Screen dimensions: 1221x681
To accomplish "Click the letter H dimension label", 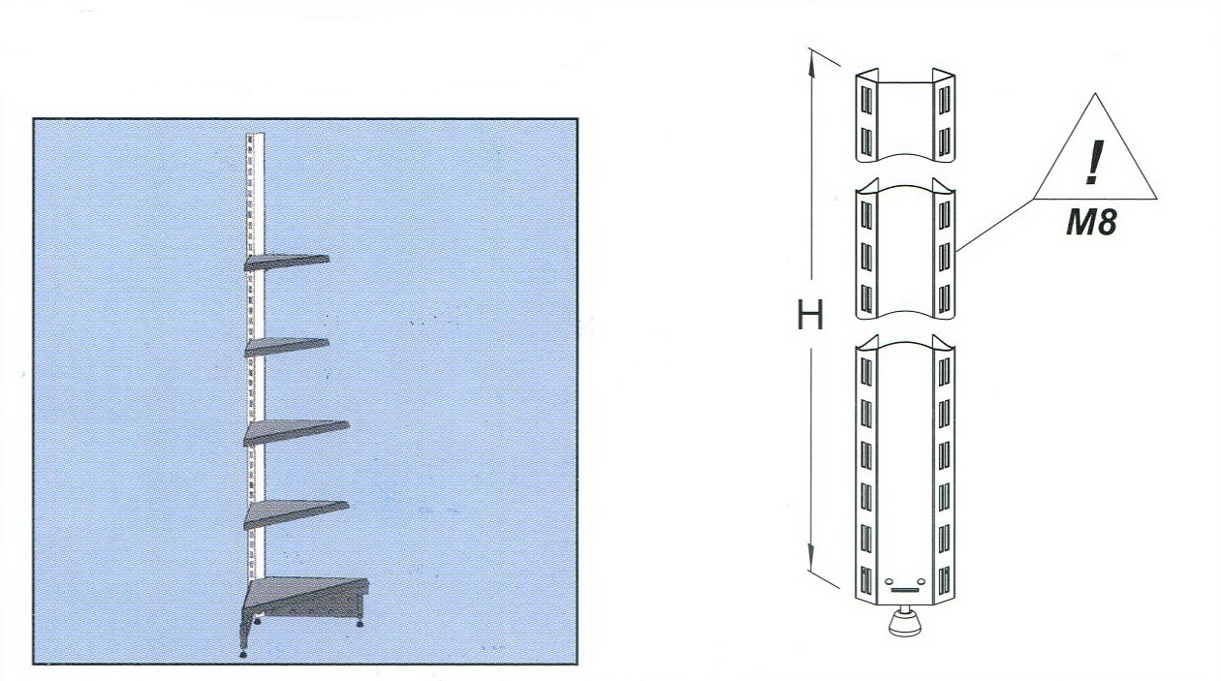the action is click(810, 315).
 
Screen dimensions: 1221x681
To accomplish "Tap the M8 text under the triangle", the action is click(1092, 222).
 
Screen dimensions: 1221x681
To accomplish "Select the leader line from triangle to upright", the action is click(995, 225).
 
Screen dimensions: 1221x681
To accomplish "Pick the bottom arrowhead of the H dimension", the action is click(812, 557).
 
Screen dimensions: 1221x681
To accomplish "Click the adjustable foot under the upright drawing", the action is click(905, 622).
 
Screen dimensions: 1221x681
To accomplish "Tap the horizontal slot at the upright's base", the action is click(905, 590).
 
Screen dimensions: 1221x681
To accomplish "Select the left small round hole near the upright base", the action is click(889, 581).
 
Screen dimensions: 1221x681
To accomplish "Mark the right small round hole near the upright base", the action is click(922, 581).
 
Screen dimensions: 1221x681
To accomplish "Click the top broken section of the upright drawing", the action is click(905, 115).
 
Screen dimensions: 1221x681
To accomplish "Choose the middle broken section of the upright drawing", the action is click(905, 248).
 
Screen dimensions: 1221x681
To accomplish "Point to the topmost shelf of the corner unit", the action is click(286, 262).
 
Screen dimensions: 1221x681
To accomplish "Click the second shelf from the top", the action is click(287, 347).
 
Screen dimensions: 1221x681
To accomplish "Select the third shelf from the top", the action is click(296, 432).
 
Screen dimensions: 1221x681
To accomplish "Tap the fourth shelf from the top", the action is click(296, 513).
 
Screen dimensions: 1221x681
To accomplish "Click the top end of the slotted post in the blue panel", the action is click(255, 135).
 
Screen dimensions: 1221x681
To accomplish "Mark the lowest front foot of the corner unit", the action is click(242, 653).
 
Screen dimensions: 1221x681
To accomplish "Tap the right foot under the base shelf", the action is click(360, 623).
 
